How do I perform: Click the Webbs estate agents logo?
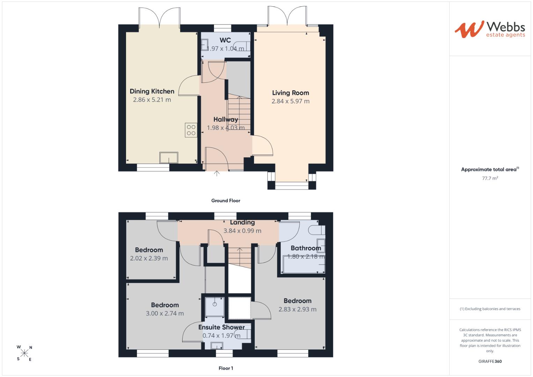tap(490, 29)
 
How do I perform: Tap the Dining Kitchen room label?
tap(152, 91)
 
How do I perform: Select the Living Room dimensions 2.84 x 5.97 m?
tap(290, 101)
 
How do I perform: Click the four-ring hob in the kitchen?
tap(191, 130)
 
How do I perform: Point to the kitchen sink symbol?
tap(169, 157)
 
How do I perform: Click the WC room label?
tap(225, 40)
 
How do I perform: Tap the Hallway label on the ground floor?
tap(225, 119)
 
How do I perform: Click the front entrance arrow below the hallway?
tap(216, 173)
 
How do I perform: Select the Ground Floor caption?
tap(225, 201)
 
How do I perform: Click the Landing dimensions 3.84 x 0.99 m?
tap(242, 231)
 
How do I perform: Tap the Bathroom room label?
tap(306, 248)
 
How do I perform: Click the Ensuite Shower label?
tap(222, 327)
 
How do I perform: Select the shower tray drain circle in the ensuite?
tap(215, 304)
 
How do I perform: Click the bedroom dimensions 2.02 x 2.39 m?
tap(149, 258)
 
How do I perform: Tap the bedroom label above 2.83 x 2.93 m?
tap(297, 301)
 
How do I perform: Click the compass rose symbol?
tap(24, 353)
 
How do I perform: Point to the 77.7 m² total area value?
tap(490, 178)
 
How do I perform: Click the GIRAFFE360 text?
tap(490, 361)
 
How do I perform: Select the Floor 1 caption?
tap(225, 368)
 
